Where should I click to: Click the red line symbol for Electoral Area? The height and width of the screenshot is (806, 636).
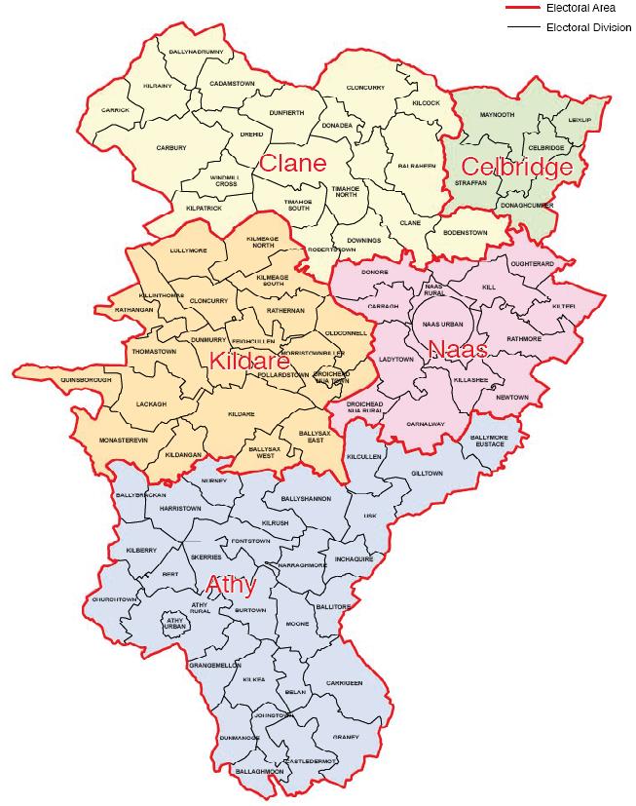click(521, 7)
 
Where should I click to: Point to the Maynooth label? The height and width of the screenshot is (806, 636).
click(497, 114)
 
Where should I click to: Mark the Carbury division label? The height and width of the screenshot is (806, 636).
click(170, 148)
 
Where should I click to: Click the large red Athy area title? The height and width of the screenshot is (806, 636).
click(231, 585)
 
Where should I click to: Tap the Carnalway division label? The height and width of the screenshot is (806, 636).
click(426, 425)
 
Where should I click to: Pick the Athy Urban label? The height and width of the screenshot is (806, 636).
click(175, 621)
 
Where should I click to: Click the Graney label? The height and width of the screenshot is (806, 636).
click(346, 736)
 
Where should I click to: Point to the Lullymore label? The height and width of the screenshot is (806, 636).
click(188, 250)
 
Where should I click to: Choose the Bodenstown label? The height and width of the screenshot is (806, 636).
click(463, 233)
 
